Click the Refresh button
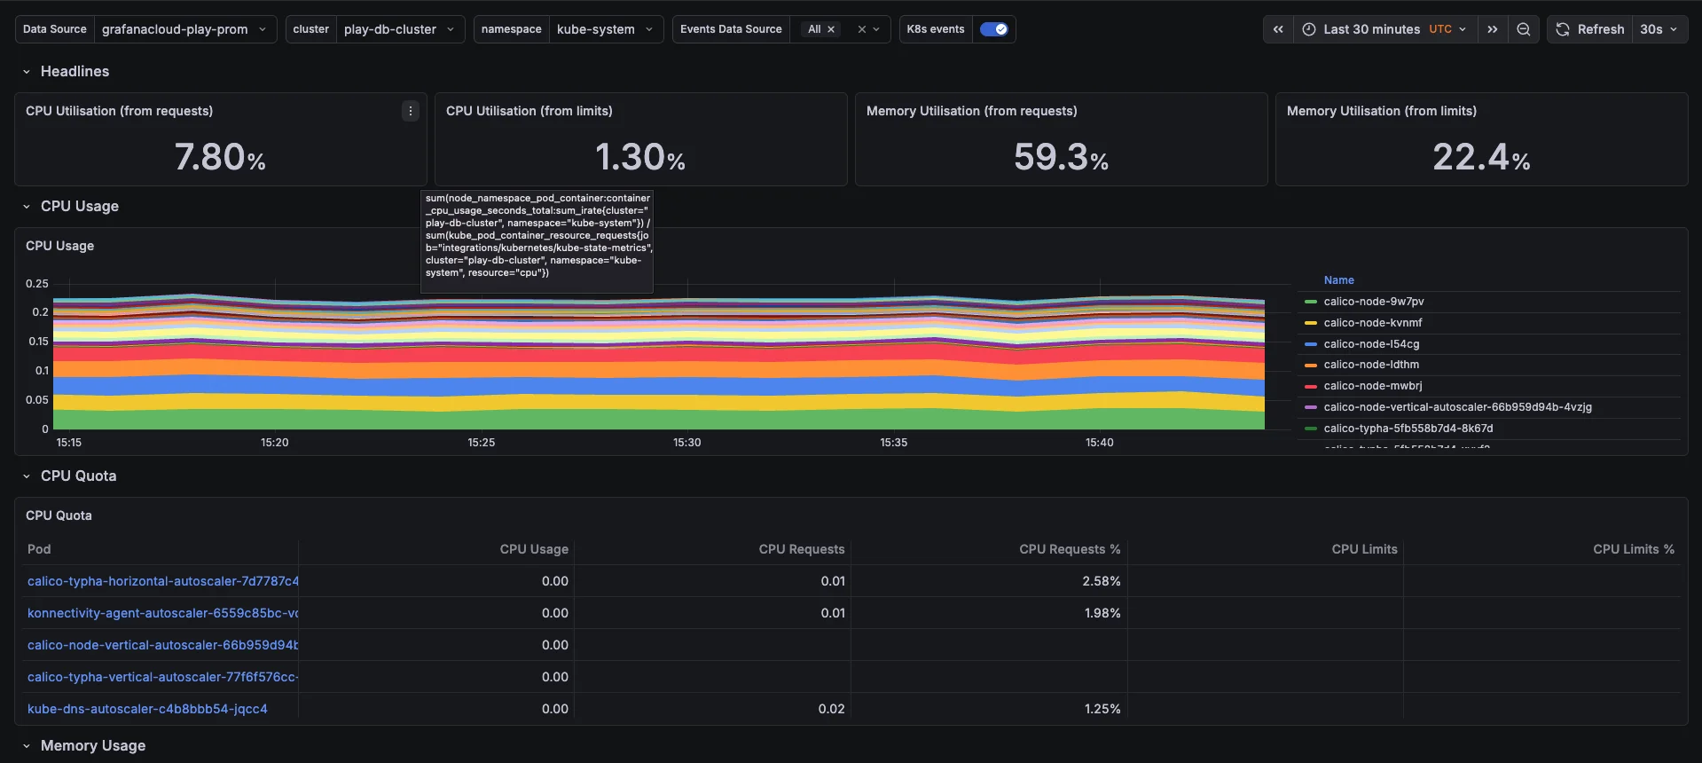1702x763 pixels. click(1590, 29)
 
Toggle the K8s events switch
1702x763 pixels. click(993, 29)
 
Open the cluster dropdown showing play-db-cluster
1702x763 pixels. click(398, 29)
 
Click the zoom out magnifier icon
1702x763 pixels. click(1523, 29)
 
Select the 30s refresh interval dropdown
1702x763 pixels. click(1659, 29)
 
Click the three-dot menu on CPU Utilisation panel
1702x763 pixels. click(410, 111)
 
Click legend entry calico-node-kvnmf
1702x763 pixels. click(1372, 323)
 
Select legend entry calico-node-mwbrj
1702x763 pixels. click(1372, 386)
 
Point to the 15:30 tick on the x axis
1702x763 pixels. click(686, 442)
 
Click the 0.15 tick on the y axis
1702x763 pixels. click(38, 342)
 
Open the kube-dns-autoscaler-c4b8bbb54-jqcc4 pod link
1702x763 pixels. click(147, 709)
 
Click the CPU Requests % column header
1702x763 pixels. click(1069, 549)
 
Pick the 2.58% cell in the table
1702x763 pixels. click(1101, 581)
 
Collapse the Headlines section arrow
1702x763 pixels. click(27, 72)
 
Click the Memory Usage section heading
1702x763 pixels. click(93, 745)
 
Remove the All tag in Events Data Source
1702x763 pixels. click(831, 29)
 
